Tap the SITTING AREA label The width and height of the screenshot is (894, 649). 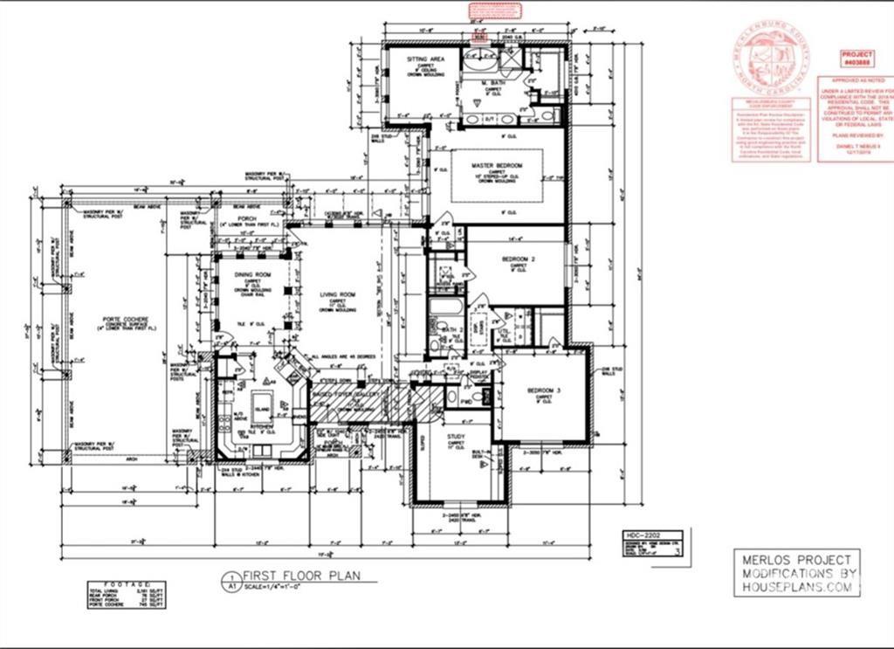tap(426, 59)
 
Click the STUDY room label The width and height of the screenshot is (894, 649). tap(456, 436)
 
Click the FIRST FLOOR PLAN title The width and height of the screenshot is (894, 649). tap(296, 577)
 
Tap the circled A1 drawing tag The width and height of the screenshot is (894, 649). tap(230, 580)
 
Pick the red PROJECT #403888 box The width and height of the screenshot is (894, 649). tap(856, 59)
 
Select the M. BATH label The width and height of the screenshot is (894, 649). tap(493, 84)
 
